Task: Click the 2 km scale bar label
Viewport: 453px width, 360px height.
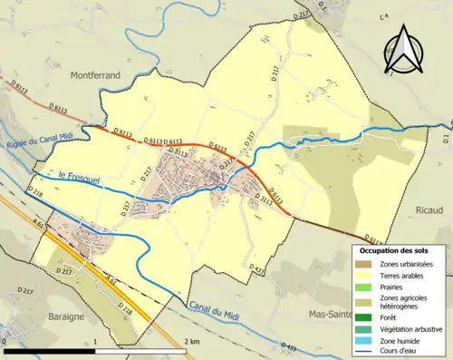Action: (192, 342)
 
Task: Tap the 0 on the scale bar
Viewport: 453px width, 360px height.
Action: (6, 342)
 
